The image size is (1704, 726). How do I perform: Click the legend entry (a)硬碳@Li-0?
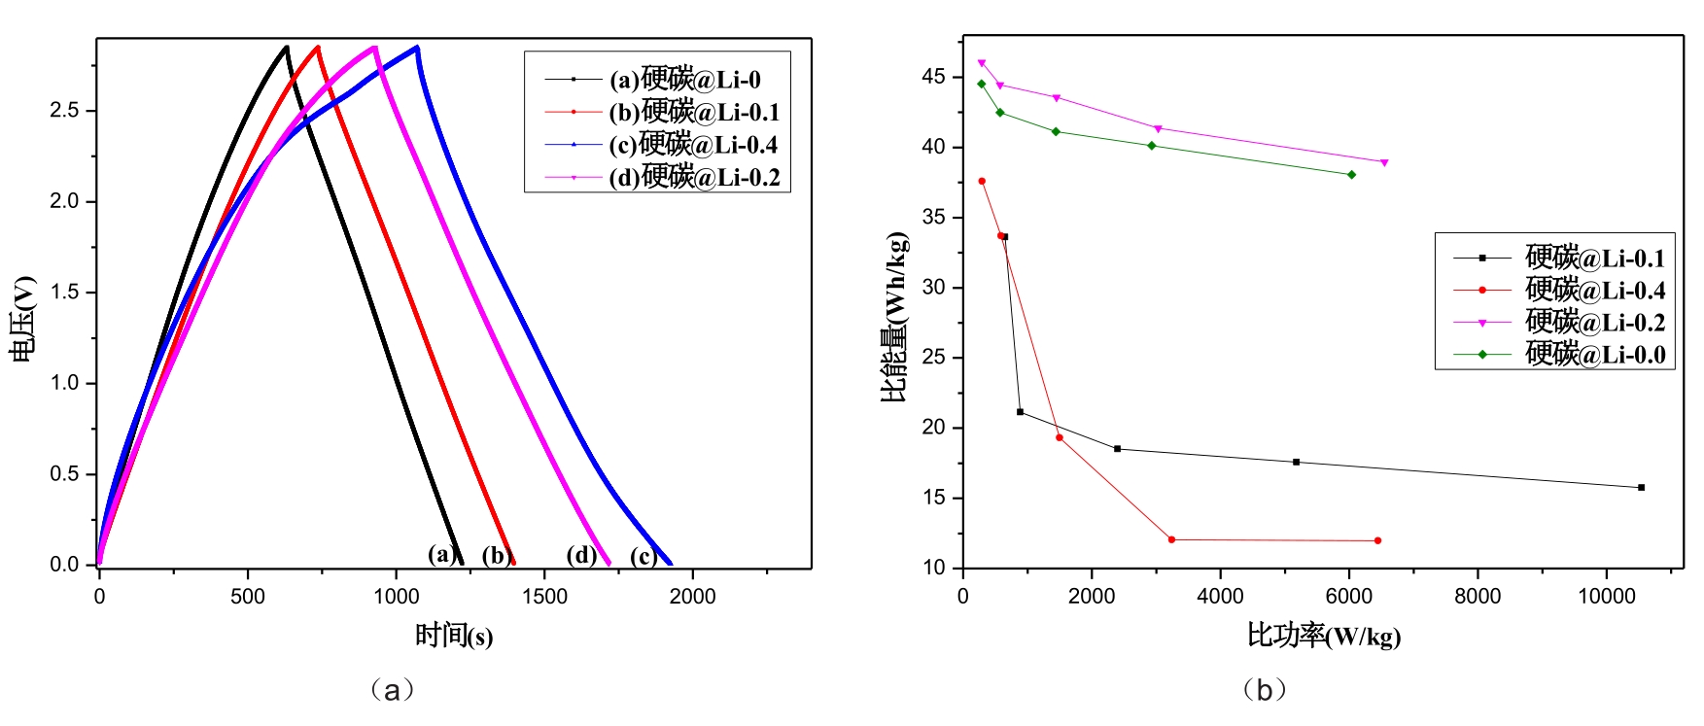[684, 80]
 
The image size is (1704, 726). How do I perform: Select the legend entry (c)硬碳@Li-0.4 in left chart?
[692, 145]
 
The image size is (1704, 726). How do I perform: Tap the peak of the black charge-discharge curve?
[286, 47]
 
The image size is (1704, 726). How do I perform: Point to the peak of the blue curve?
[417, 47]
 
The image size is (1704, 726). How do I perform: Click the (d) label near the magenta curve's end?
[581, 555]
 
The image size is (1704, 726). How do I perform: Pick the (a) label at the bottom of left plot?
[442, 554]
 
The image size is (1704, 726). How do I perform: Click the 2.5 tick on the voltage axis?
[65, 111]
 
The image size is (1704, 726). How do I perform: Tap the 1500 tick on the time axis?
[544, 597]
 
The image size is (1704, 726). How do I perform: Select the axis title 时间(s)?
[454, 636]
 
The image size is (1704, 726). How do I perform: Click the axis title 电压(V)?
[23, 319]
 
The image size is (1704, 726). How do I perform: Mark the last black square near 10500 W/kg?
[1641, 488]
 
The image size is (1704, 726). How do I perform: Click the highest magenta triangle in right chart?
[981, 63]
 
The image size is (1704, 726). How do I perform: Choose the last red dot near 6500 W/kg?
[1377, 540]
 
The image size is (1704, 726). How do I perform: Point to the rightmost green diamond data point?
[1351, 175]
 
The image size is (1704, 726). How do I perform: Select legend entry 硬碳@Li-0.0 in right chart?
[1594, 355]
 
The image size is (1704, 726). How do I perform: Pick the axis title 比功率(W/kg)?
[1324, 637]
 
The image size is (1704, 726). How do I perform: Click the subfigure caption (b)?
[1265, 690]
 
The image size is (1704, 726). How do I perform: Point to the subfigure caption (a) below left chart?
[392, 690]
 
